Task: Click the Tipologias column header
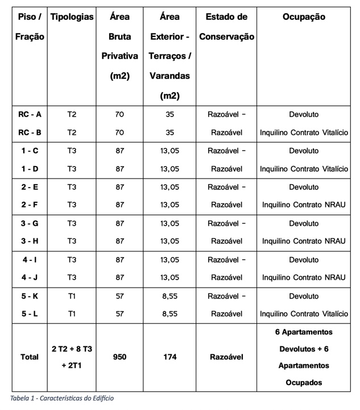point(72,17)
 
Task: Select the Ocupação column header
point(304,17)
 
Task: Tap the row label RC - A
point(30,114)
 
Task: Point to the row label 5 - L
point(30,314)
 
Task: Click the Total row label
point(30,357)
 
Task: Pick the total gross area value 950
point(119,357)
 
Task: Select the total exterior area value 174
point(169,357)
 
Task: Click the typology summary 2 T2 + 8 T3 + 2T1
point(72,357)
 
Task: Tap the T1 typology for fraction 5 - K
point(72,296)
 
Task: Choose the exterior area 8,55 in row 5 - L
point(169,314)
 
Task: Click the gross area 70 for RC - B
point(119,132)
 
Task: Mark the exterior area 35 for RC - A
point(169,114)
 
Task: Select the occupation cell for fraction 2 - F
point(304,205)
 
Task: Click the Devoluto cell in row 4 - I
point(304,260)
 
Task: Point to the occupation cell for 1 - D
point(304,169)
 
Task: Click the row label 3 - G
point(30,223)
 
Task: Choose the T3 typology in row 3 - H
point(72,241)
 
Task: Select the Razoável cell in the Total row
point(226,357)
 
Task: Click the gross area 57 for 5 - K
point(119,296)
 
